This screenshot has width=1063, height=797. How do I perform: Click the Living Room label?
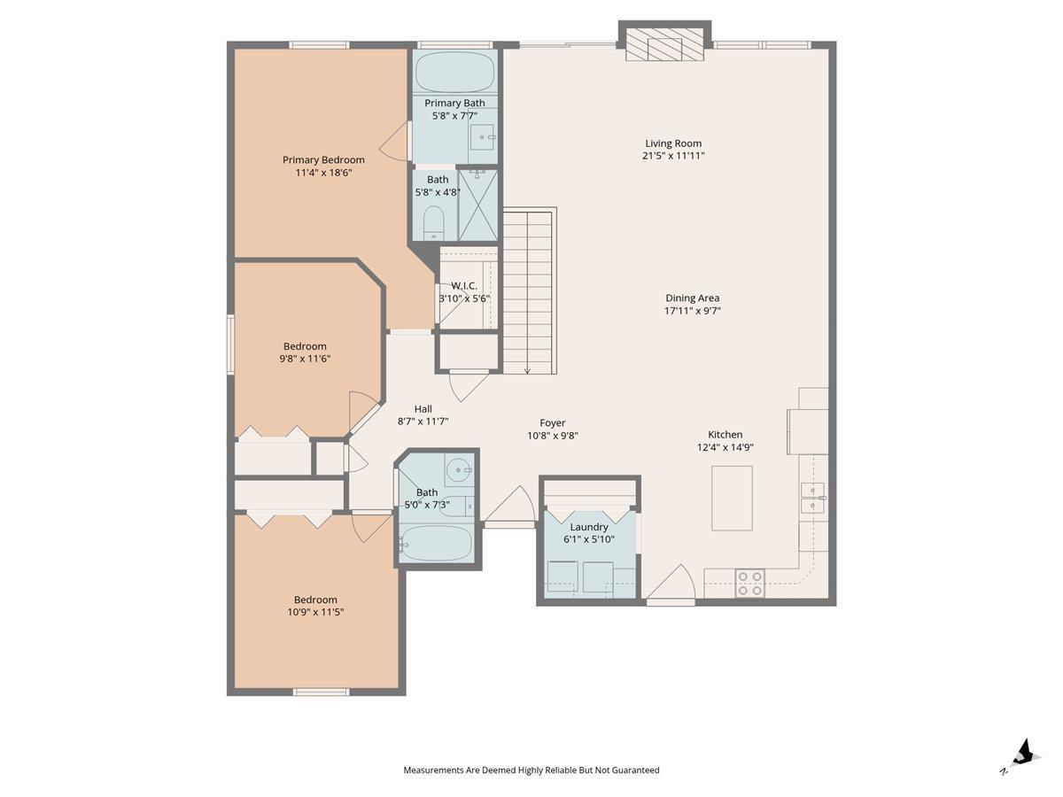[x=672, y=143]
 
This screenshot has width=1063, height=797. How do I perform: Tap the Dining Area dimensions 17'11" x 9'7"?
[x=692, y=311]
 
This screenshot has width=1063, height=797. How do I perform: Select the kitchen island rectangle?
[x=732, y=498]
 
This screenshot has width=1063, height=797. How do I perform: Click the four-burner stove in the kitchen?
[x=750, y=583]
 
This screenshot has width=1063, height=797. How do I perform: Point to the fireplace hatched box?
[x=664, y=44]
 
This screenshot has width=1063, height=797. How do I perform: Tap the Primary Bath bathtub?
[x=454, y=72]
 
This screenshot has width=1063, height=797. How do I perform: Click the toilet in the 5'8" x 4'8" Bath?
[x=433, y=223]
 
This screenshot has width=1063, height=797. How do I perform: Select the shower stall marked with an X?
[x=478, y=205]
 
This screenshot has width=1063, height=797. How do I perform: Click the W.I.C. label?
[x=464, y=286]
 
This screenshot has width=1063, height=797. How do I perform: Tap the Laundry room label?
[x=589, y=527]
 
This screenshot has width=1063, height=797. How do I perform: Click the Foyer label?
[x=553, y=423]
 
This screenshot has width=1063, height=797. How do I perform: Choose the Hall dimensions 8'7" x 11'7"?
[x=423, y=422]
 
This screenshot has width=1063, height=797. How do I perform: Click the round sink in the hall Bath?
[x=458, y=469]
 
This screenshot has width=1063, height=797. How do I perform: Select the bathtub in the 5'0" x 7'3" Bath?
[x=437, y=544]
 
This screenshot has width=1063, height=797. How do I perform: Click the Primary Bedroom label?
[x=323, y=159]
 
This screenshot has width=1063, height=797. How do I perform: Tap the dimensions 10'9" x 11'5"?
[x=315, y=612]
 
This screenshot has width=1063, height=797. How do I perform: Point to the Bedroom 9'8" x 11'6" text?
[x=305, y=352]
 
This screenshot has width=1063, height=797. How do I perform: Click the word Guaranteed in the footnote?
[x=635, y=770]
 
